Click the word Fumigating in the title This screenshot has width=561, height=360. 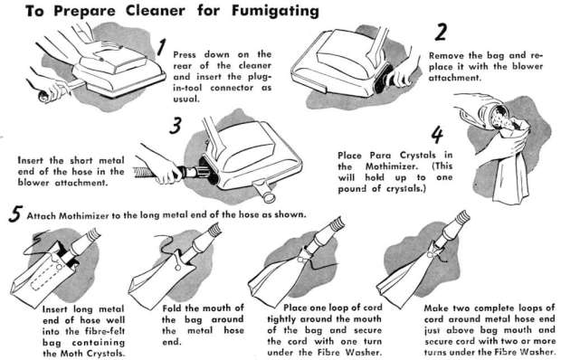(275, 12)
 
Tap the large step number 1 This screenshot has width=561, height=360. (162, 48)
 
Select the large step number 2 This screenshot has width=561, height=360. (441, 33)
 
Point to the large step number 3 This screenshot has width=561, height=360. (175, 126)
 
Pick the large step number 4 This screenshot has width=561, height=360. (437, 135)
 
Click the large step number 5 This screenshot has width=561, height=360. (15, 214)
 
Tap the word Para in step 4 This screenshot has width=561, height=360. (381, 156)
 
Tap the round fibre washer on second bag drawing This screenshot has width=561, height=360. (178, 267)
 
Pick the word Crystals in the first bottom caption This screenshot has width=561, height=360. (105, 353)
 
